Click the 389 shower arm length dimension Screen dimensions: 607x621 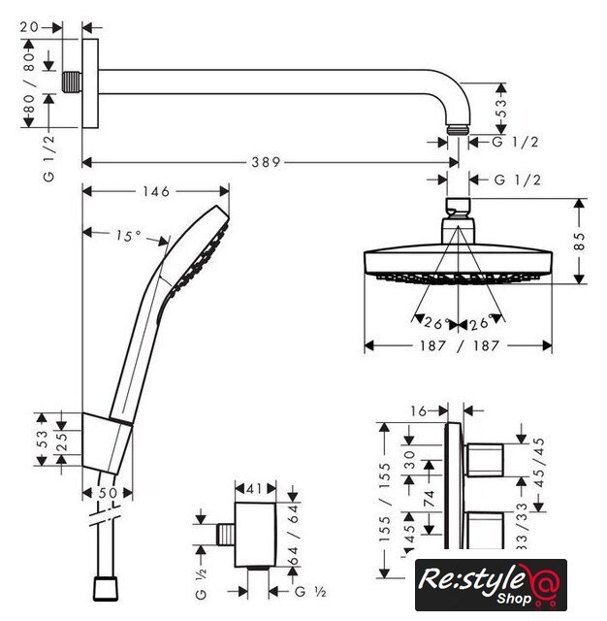tap(266, 162)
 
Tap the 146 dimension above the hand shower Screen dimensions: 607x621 tap(156, 192)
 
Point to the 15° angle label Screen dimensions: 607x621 tap(128, 236)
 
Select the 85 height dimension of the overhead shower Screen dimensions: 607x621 tap(579, 242)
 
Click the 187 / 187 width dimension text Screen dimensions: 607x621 tap(459, 345)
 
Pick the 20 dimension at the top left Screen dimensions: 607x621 tap(30, 27)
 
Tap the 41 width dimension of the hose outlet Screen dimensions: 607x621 tap(254, 489)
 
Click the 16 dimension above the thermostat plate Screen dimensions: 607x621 tap(419, 411)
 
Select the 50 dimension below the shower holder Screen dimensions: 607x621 tap(108, 493)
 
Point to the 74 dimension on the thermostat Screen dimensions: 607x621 tap(429, 499)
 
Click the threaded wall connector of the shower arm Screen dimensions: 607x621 tap(72, 82)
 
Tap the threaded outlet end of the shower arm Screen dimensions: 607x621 tap(459, 130)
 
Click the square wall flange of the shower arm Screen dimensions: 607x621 tap(90, 83)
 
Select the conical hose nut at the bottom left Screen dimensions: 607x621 tap(106, 589)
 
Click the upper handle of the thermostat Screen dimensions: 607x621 tap(485, 460)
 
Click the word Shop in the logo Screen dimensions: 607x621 tap(514, 599)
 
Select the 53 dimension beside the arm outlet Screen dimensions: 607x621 tap(501, 108)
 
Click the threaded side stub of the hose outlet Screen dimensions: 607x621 tap(226, 535)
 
